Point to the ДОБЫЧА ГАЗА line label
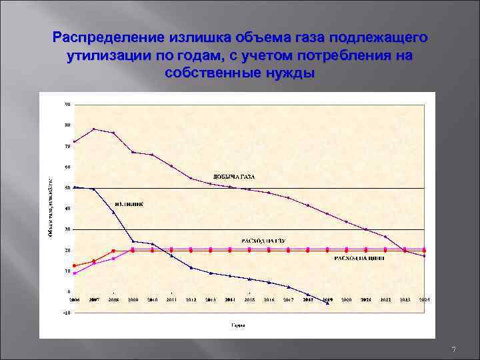coord(233,176)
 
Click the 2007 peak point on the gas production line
coord(94,129)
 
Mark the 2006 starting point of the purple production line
coord(75,141)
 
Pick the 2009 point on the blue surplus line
coord(133,241)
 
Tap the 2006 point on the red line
coord(75,266)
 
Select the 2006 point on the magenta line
coord(75,273)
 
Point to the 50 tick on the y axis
coord(67,188)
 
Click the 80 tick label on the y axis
coord(67,125)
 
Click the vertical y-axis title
coord(51,207)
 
